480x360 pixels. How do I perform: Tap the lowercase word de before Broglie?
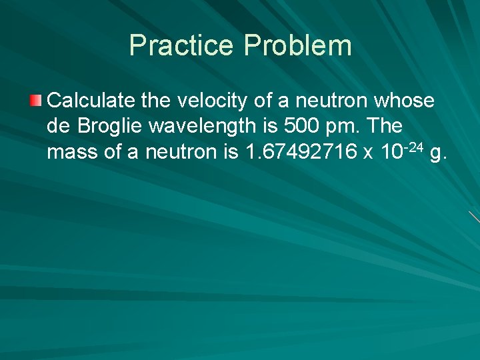(x=59, y=127)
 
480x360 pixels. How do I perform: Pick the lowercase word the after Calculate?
(x=157, y=101)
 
